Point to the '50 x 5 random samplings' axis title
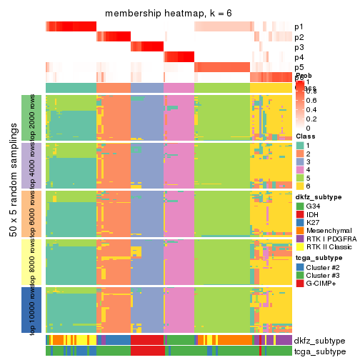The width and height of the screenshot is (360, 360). (13, 214)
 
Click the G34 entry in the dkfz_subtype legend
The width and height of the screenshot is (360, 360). (315, 206)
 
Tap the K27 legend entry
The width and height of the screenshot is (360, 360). (314, 224)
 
